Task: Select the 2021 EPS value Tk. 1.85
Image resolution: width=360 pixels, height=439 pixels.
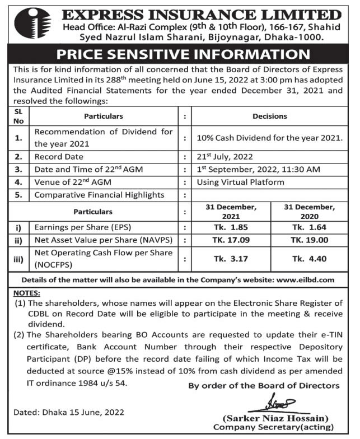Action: (x=231, y=227)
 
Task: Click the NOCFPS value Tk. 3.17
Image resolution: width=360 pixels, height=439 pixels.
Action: (x=231, y=259)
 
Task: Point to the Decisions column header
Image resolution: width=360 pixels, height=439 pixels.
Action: (x=269, y=116)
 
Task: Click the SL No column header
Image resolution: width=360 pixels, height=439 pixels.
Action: (x=18, y=116)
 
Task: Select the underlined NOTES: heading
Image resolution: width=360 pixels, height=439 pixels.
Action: (x=26, y=292)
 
